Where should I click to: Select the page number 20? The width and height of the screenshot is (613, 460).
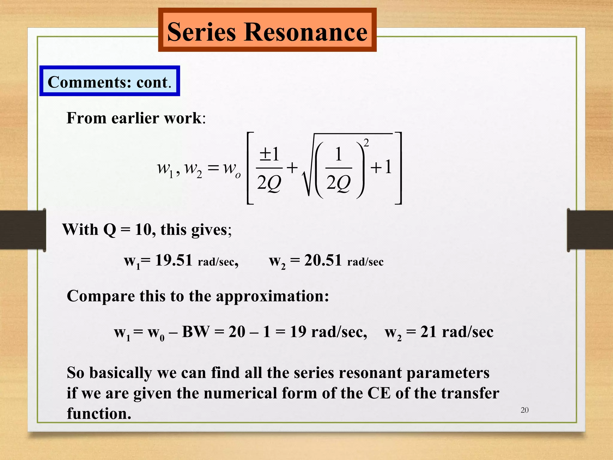[524, 410]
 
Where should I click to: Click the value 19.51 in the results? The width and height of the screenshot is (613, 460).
[174, 260]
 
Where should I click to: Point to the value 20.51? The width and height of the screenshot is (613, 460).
[323, 260]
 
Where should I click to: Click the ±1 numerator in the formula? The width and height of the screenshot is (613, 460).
[269, 155]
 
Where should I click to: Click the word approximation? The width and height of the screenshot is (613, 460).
[272, 296]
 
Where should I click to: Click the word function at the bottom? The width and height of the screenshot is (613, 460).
[99, 413]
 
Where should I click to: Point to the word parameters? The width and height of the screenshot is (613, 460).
[448, 373]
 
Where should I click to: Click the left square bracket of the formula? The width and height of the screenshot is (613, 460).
[250, 168]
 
